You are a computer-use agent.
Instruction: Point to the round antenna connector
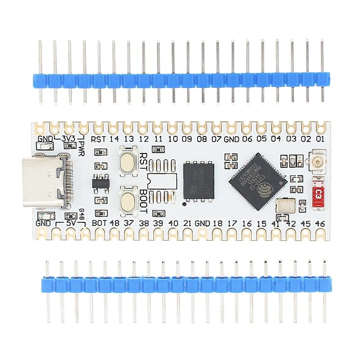(x=317, y=161)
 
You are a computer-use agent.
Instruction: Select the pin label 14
(x=114, y=139)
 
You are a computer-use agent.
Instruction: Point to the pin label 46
(x=319, y=223)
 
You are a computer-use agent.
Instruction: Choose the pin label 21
(x=188, y=223)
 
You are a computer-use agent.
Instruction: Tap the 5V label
(x=70, y=223)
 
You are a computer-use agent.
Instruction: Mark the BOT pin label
(x=99, y=223)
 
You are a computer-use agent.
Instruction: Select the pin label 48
(x=114, y=223)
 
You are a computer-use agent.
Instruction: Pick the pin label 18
(x=218, y=223)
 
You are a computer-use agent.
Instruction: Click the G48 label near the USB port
(x=81, y=214)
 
